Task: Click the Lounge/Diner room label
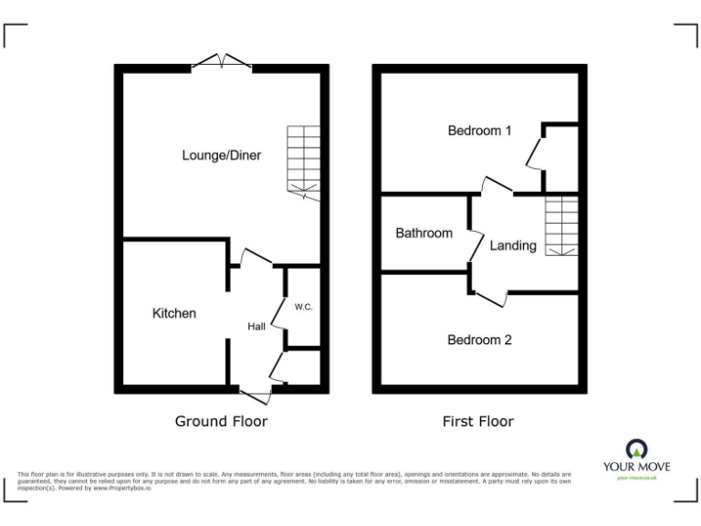[x=221, y=155]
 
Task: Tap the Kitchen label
[x=173, y=313]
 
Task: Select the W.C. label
[x=304, y=307]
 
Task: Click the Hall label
[x=256, y=326]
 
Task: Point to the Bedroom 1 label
[x=479, y=131]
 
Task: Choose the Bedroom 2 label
[x=479, y=340]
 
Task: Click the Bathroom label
[x=424, y=233]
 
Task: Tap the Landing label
[x=513, y=245]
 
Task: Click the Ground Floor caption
[x=221, y=421]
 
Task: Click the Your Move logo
[x=636, y=458]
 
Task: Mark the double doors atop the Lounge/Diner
[x=222, y=62]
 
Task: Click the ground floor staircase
[x=302, y=160]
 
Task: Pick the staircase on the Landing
[x=561, y=226]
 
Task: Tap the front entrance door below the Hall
[x=255, y=394]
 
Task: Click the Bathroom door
[x=476, y=244]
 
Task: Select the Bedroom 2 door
[x=491, y=296]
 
